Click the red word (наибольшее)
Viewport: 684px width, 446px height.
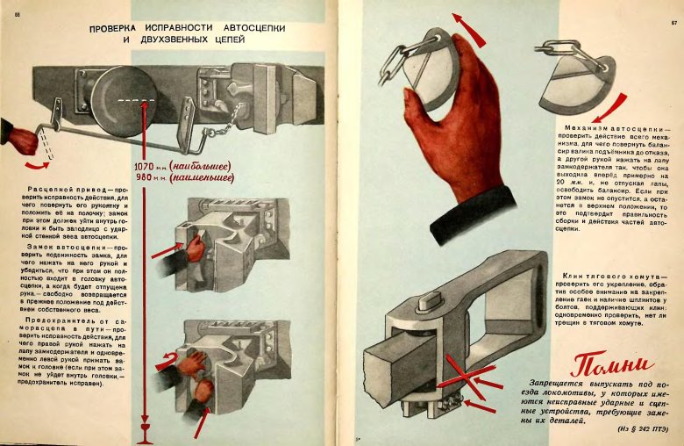coord(202,166)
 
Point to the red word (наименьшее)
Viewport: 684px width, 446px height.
coord(202,178)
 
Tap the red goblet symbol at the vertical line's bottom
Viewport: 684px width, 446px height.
coord(146,432)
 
